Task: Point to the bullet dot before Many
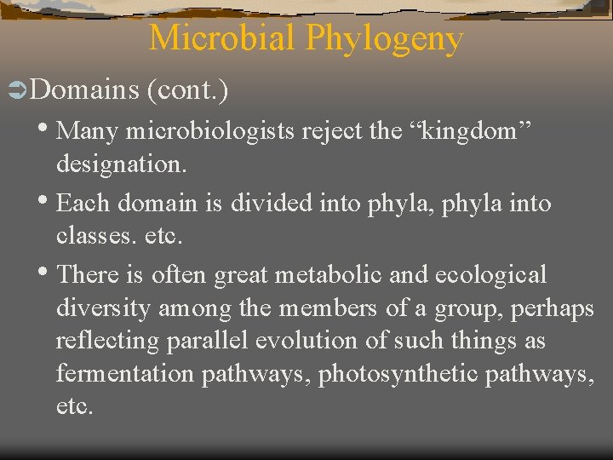[46, 129]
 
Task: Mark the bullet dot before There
[46, 273]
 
